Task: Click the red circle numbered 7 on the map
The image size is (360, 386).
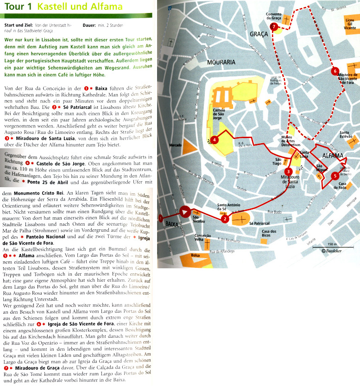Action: coord(274,27)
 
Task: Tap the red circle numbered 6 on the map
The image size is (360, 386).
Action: coord(335,71)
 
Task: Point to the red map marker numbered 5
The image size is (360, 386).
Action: coord(335,176)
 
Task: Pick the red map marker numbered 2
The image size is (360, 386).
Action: coord(225,218)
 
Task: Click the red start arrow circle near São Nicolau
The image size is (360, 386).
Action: coord(185,212)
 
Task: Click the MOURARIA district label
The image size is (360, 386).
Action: coord(221,62)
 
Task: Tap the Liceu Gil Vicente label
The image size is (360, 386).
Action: coord(350,25)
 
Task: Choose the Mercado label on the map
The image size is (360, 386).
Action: coord(176,145)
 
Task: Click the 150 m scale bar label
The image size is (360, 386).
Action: coord(331,244)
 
